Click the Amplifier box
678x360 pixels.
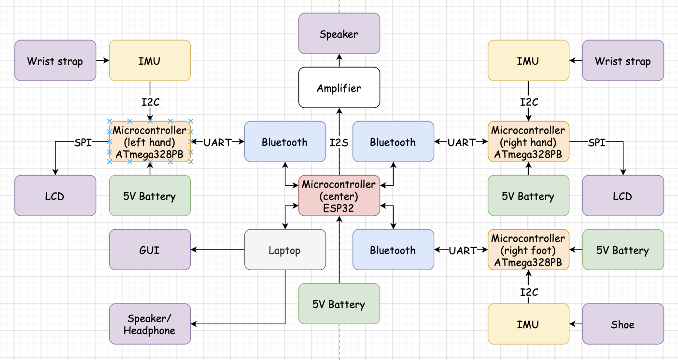339,88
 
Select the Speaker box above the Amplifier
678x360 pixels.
339,34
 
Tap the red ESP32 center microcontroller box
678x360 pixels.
339,196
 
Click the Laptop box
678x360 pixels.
285,250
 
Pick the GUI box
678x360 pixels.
150,250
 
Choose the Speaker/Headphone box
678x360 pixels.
150,324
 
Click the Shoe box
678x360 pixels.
623,324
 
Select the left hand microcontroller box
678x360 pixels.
150,142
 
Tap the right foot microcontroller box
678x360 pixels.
528,250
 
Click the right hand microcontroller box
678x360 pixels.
528,142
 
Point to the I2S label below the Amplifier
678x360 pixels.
339,142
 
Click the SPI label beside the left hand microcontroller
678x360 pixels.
83,142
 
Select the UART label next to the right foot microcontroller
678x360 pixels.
463,250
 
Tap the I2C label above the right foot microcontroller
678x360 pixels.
529,292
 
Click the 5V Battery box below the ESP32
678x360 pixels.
339,304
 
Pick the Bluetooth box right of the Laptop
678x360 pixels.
393,250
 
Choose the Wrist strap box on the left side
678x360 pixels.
55,61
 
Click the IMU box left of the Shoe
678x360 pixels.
528,324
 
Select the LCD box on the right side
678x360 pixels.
623,196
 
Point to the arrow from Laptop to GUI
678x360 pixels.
217,249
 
